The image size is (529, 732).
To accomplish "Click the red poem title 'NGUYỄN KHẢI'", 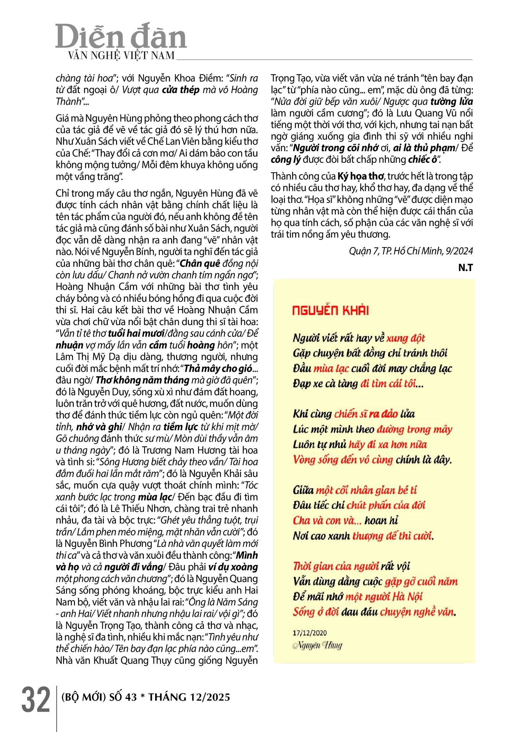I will point(330,311).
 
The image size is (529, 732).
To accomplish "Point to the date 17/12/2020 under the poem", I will point(310,633).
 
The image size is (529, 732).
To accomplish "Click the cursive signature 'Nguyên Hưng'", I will point(317,646).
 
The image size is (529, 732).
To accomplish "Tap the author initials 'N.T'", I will point(465,268).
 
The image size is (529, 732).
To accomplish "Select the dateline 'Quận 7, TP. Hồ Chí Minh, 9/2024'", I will point(411,251).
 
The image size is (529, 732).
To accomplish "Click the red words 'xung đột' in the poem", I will point(406,338).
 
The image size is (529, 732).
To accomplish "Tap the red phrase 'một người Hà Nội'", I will point(384,596).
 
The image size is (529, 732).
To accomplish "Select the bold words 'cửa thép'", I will point(181,90).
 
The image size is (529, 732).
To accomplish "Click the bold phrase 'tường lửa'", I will point(452,102).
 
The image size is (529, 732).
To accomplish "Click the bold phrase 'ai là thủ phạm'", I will point(424,148).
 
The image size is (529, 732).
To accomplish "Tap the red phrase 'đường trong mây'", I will point(414,429).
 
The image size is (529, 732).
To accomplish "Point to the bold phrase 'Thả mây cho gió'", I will point(218,368).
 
